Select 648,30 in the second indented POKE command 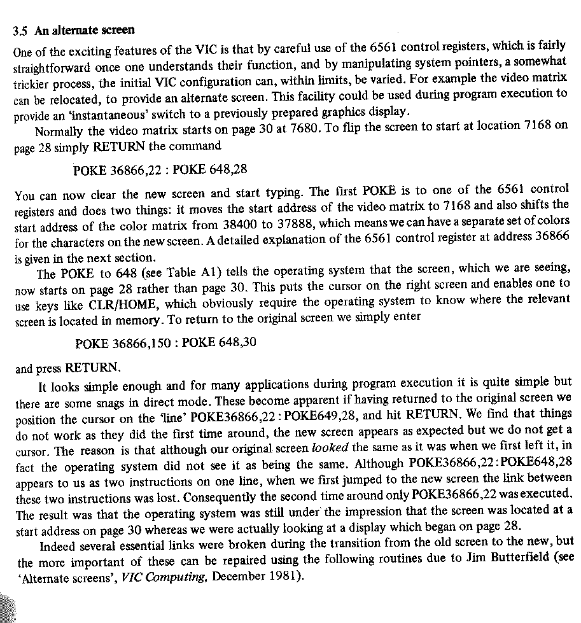(x=237, y=343)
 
